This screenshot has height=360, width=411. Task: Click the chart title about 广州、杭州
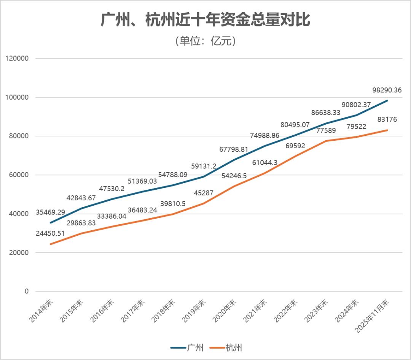click(205, 20)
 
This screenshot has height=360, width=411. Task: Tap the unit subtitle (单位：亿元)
click(205, 41)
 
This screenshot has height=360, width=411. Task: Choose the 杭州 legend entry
click(227, 347)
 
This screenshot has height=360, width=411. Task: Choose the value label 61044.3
click(264, 162)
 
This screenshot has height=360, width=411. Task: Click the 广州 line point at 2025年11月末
click(387, 101)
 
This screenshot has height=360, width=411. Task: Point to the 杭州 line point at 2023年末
click(326, 141)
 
